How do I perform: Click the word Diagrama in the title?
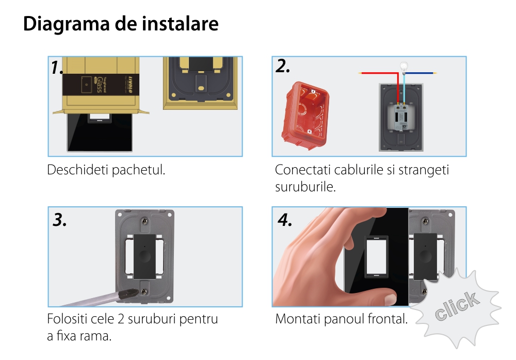pyautogui.click(x=66, y=24)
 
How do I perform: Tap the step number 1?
pyautogui.click(x=57, y=68)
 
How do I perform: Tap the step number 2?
pyautogui.click(x=283, y=66)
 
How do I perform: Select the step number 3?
pyautogui.click(x=59, y=220)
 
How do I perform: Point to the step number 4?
pyautogui.click(x=285, y=220)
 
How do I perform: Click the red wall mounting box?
pyautogui.click(x=305, y=115)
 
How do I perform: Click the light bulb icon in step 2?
pyautogui.click(x=404, y=68)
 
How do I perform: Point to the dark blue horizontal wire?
pyautogui.click(x=420, y=73)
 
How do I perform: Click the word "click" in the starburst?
pyautogui.click(x=457, y=306)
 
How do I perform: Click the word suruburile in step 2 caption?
pyautogui.click(x=305, y=187)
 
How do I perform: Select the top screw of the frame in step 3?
pyautogui.click(x=144, y=222)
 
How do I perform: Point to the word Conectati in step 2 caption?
pyautogui.click(x=302, y=170)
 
